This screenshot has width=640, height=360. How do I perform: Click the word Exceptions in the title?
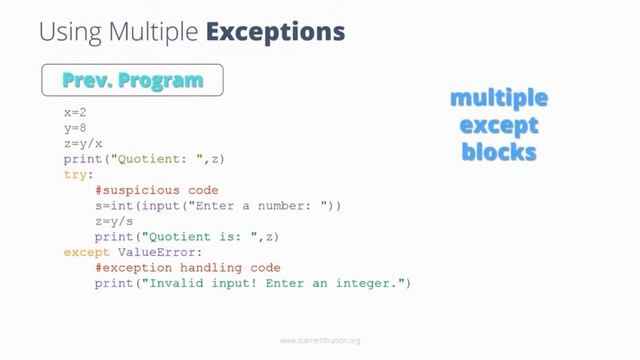point(275,31)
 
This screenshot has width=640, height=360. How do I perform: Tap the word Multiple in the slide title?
point(158,31)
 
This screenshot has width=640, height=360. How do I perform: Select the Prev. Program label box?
point(132,80)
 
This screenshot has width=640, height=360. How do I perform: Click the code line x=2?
point(75,113)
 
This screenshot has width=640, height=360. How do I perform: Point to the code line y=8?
point(75,128)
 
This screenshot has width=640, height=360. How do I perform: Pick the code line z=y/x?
point(83,143)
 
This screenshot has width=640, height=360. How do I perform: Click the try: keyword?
point(79,174)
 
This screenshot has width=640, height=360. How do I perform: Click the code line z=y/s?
point(114,221)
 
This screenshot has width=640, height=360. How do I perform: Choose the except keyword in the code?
point(87,253)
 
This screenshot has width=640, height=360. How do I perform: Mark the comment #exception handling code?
point(188,268)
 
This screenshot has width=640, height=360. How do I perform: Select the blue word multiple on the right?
point(499,99)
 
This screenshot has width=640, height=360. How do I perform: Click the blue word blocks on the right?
point(499,152)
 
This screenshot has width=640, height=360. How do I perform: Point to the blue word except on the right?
point(499,126)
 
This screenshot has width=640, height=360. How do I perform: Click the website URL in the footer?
point(320,341)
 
